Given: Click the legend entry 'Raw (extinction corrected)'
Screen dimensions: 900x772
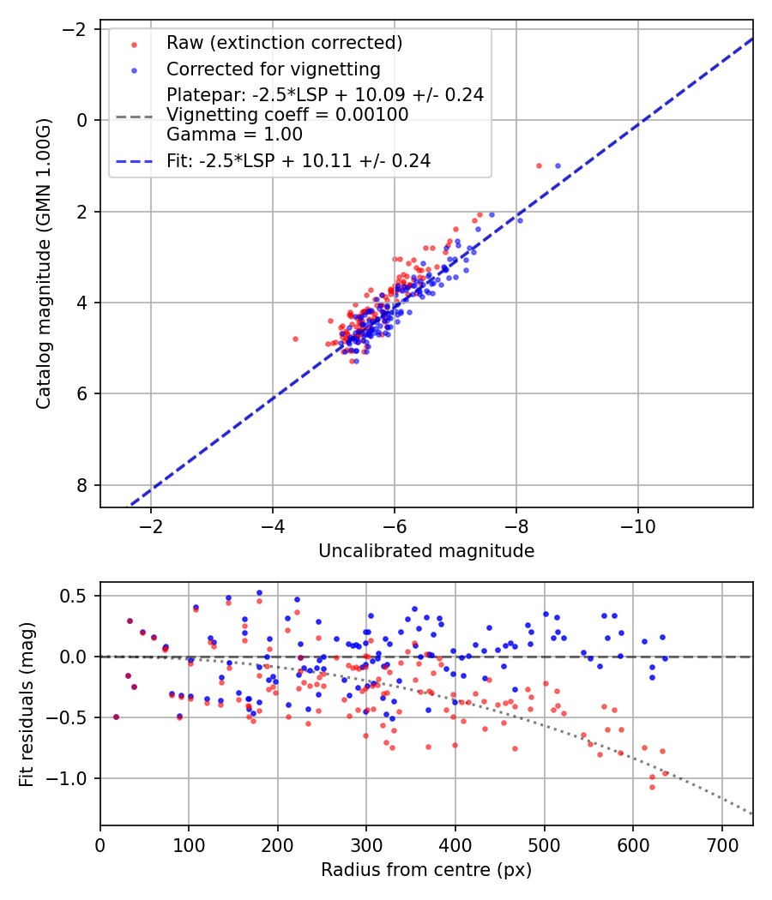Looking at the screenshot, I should (x=284, y=42).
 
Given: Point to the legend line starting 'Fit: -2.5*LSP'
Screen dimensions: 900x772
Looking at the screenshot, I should (x=298, y=160).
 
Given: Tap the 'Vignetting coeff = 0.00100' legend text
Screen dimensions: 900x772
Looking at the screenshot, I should (x=287, y=115).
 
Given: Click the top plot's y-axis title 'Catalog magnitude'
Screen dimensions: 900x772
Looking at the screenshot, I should (x=44, y=263).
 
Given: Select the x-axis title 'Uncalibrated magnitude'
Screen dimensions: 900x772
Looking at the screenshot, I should (x=426, y=551).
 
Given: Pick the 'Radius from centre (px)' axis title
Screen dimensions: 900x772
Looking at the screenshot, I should (x=426, y=870).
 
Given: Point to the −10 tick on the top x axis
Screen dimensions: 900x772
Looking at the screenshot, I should (x=637, y=524).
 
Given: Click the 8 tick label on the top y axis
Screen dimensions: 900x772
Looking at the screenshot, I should (x=82, y=485).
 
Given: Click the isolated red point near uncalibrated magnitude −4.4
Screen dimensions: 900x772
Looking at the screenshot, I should (x=295, y=339).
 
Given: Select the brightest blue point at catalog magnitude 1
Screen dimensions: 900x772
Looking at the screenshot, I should (x=558, y=165).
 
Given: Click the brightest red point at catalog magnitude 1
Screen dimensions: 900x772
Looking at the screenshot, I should (x=539, y=165).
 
